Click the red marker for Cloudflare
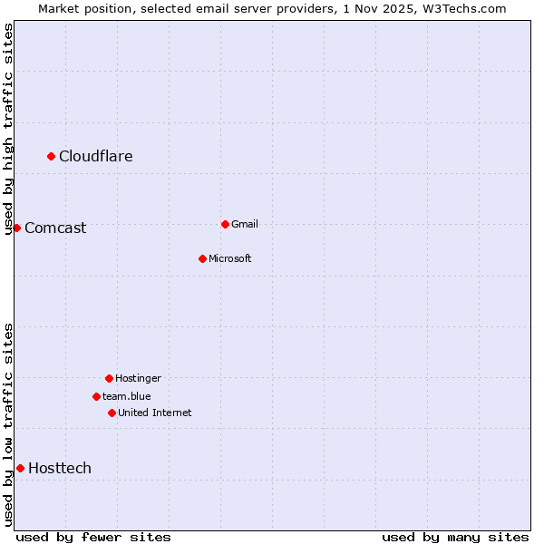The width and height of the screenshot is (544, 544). coord(52,157)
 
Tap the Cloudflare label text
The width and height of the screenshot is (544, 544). coord(96,157)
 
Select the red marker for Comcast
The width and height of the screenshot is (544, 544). coord(16,228)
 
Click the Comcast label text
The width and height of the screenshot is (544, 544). coord(55,228)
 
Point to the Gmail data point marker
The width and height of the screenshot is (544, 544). coord(225,224)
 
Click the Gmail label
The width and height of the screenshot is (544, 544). coord(245,224)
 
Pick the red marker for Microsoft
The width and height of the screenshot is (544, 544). coord(202,258)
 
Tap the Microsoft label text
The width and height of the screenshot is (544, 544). coord(230,259)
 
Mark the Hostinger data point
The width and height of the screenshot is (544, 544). coord(109,378)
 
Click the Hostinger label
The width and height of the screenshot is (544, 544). coord(138,378)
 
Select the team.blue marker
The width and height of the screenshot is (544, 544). coord(96,396)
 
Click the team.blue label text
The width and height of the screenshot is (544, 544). coord(127,396)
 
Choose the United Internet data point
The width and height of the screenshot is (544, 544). coord(112,413)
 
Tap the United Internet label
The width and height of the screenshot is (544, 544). coord(155,413)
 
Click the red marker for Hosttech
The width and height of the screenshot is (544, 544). coord(20,468)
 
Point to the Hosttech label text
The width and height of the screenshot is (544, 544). coord(60,469)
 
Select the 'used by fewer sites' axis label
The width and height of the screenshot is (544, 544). coord(93,537)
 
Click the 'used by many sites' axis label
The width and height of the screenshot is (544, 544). coord(455,537)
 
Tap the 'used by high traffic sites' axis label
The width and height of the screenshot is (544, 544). coord(9,128)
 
